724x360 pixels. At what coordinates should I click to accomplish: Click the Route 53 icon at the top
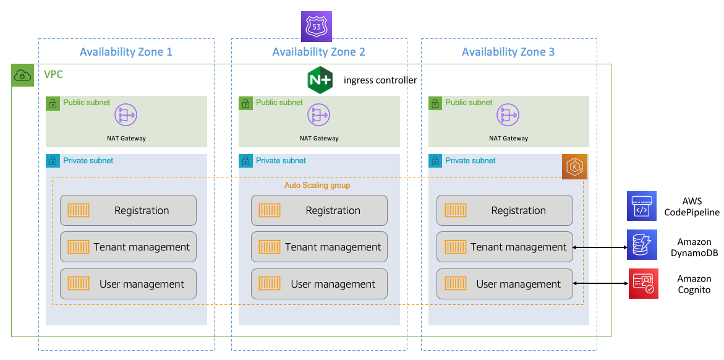(x=317, y=27)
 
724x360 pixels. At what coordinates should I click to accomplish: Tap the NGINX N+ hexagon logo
(x=320, y=80)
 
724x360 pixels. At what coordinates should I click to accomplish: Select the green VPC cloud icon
(x=22, y=75)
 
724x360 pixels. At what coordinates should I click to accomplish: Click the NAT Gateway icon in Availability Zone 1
(x=126, y=115)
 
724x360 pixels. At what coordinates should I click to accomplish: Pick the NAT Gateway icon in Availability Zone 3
(x=508, y=115)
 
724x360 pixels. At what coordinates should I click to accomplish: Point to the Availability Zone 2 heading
(x=318, y=52)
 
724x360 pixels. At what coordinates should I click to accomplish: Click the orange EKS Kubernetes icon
(x=574, y=168)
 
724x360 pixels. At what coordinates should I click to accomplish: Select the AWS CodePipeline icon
(x=642, y=206)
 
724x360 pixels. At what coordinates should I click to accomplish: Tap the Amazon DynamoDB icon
(x=642, y=244)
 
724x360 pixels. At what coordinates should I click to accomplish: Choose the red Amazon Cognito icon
(x=643, y=284)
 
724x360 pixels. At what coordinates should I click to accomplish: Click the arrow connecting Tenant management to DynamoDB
(x=600, y=247)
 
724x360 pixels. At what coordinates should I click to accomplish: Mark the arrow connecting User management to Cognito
(x=600, y=283)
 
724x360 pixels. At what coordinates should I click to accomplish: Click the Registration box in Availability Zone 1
(x=128, y=210)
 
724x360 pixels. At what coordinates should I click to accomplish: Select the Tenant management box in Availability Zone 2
(x=319, y=247)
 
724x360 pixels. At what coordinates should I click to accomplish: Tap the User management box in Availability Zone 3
(x=505, y=284)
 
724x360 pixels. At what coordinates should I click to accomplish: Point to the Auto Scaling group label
(x=317, y=186)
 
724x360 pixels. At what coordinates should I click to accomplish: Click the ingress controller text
(x=380, y=80)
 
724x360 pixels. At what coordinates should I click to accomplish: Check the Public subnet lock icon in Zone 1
(x=53, y=103)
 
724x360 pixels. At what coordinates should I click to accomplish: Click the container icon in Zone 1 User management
(x=79, y=284)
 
